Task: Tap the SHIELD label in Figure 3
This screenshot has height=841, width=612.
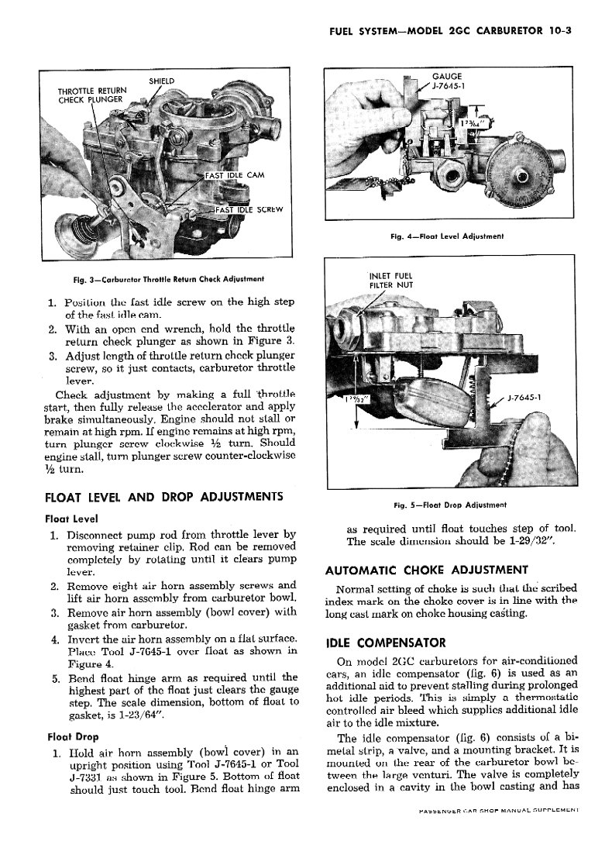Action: click(161, 81)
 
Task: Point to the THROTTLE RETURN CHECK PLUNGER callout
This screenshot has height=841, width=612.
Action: click(91, 95)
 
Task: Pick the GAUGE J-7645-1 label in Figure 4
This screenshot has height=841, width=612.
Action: click(447, 81)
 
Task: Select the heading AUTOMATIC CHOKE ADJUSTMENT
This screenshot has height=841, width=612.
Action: click(427, 570)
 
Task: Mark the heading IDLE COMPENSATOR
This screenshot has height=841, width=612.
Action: click(375, 643)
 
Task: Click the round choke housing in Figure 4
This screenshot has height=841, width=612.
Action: click(528, 171)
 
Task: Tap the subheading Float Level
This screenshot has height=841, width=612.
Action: click(70, 518)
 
